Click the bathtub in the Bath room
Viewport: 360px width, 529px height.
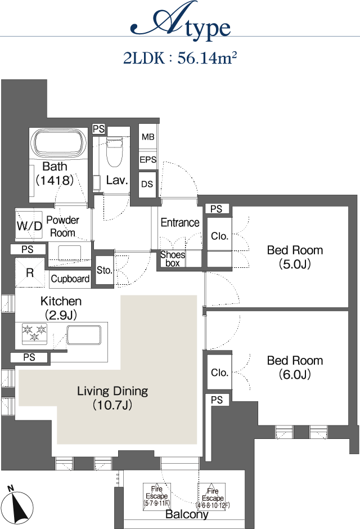[x=59, y=145]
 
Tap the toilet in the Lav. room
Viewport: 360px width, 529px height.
[x=114, y=152]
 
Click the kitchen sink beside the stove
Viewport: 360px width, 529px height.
[x=84, y=335]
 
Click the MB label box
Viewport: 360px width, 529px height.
[x=148, y=137]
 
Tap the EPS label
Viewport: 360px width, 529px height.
[x=148, y=160]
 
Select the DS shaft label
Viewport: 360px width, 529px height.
[x=147, y=184]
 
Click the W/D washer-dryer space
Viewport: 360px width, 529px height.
[x=29, y=225]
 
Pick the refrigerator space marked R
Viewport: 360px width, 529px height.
[x=30, y=272]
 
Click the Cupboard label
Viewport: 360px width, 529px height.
[x=70, y=279]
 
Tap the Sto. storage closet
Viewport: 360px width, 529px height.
[x=105, y=270]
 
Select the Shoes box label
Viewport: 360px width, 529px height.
[x=173, y=259]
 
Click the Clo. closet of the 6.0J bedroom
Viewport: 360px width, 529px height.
[x=219, y=373]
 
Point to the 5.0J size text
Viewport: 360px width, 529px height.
[x=295, y=264]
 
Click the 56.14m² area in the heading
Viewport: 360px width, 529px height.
[x=207, y=58]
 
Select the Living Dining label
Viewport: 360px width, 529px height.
[x=112, y=391]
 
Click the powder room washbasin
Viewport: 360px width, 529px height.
[x=69, y=253]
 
